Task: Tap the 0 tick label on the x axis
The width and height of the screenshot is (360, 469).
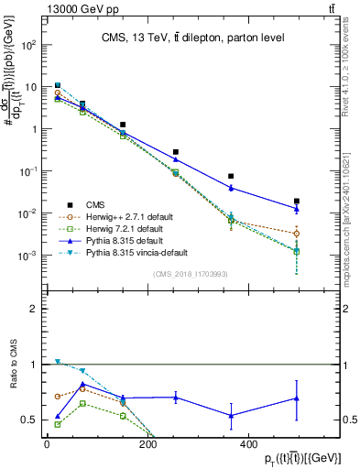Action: [47, 446]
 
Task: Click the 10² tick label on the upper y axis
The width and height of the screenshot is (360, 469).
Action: [27, 44]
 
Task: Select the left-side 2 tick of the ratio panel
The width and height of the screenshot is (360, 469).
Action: [33, 310]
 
